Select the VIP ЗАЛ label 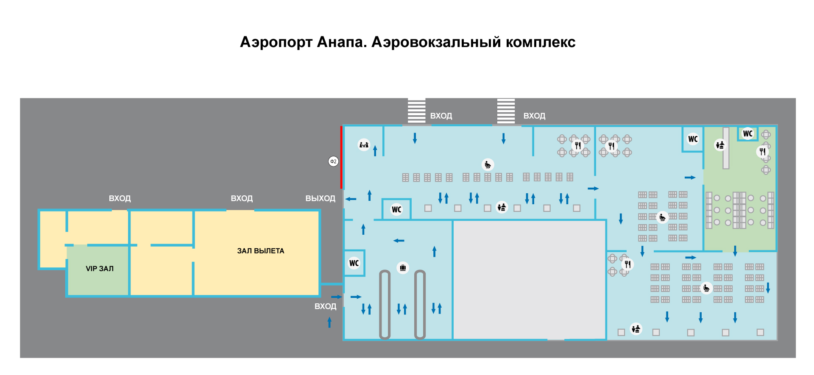pyautogui.click(x=100, y=269)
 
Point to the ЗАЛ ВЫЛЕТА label pyautogui.click(x=261, y=251)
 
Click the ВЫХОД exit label pyautogui.click(x=321, y=198)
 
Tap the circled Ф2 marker pyautogui.click(x=334, y=161)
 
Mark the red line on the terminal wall pyautogui.click(x=341, y=157)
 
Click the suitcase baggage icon pyautogui.click(x=403, y=268)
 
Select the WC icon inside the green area pyautogui.click(x=748, y=133)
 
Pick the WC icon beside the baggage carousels pyautogui.click(x=354, y=263)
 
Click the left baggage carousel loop pyautogui.click(x=385, y=305)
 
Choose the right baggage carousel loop pyautogui.click(x=420, y=305)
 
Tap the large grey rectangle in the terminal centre pyautogui.click(x=530, y=280)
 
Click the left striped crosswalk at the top pyautogui.click(x=417, y=111)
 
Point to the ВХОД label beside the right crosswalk pyautogui.click(x=534, y=116)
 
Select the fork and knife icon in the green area pyautogui.click(x=762, y=151)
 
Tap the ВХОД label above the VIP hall pyautogui.click(x=120, y=198)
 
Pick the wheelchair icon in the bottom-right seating pyautogui.click(x=706, y=288)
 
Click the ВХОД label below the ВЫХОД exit pyautogui.click(x=325, y=306)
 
